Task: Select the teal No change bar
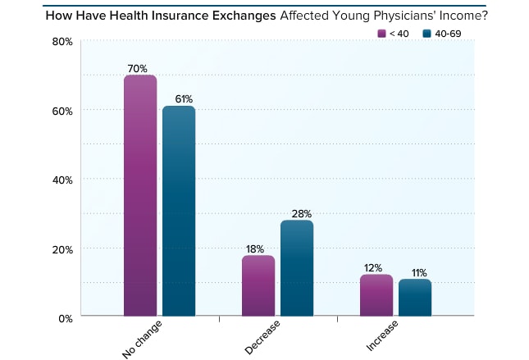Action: (x=179, y=211)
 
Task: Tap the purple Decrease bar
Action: (x=258, y=285)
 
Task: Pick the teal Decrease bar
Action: (x=297, y=268)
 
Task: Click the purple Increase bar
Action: (x=376, y=295)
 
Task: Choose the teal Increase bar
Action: (x=415, y=298)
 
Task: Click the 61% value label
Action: (x=179, y=100)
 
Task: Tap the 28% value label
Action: (x=297, y=214)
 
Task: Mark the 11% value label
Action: (x=417, y=273)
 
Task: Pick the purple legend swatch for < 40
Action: (x=381, y=33)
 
